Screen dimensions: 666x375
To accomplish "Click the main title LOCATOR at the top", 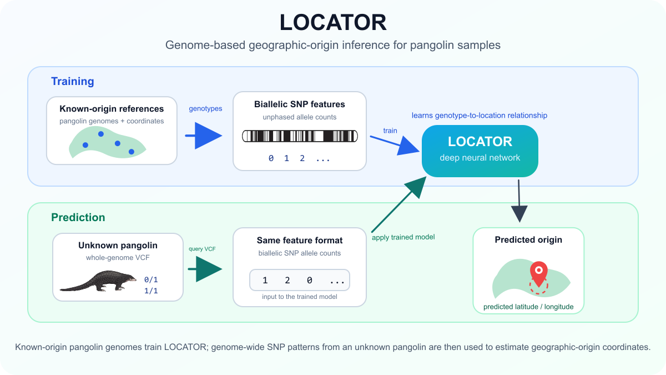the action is (333, 22).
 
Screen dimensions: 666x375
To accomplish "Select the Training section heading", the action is (73, 81).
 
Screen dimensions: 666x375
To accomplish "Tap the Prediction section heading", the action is (78, 217).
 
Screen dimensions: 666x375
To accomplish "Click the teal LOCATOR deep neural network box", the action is (480, 151).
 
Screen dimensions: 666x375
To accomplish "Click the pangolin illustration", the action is (98, 281).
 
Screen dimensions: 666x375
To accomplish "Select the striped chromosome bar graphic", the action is (300, 136).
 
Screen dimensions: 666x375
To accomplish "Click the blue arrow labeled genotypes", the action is (204, 136).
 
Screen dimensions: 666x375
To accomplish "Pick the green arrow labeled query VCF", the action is (205, 269).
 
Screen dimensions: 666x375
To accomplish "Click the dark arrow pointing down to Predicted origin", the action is (519, 201).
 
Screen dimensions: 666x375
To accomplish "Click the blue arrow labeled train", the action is (395, 144).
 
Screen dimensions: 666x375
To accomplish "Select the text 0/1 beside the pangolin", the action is (151, 279).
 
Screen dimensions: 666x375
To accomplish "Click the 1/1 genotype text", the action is (151, 291).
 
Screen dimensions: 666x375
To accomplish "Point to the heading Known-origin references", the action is (112, 109).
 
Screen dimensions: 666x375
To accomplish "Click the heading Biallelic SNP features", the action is (299, 104).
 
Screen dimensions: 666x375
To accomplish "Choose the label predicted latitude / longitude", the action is (528, 307).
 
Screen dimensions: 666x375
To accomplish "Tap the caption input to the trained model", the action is (299, 297).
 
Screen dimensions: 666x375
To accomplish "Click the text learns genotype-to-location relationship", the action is (480, 116).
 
